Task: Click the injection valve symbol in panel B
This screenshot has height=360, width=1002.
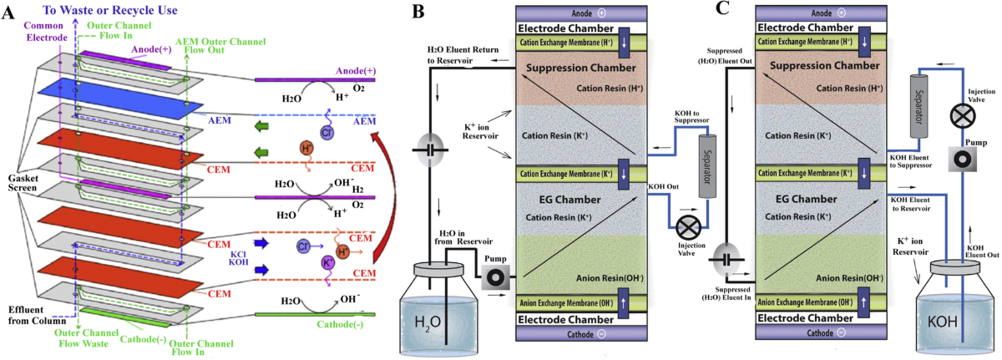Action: (x=689, y=227)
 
